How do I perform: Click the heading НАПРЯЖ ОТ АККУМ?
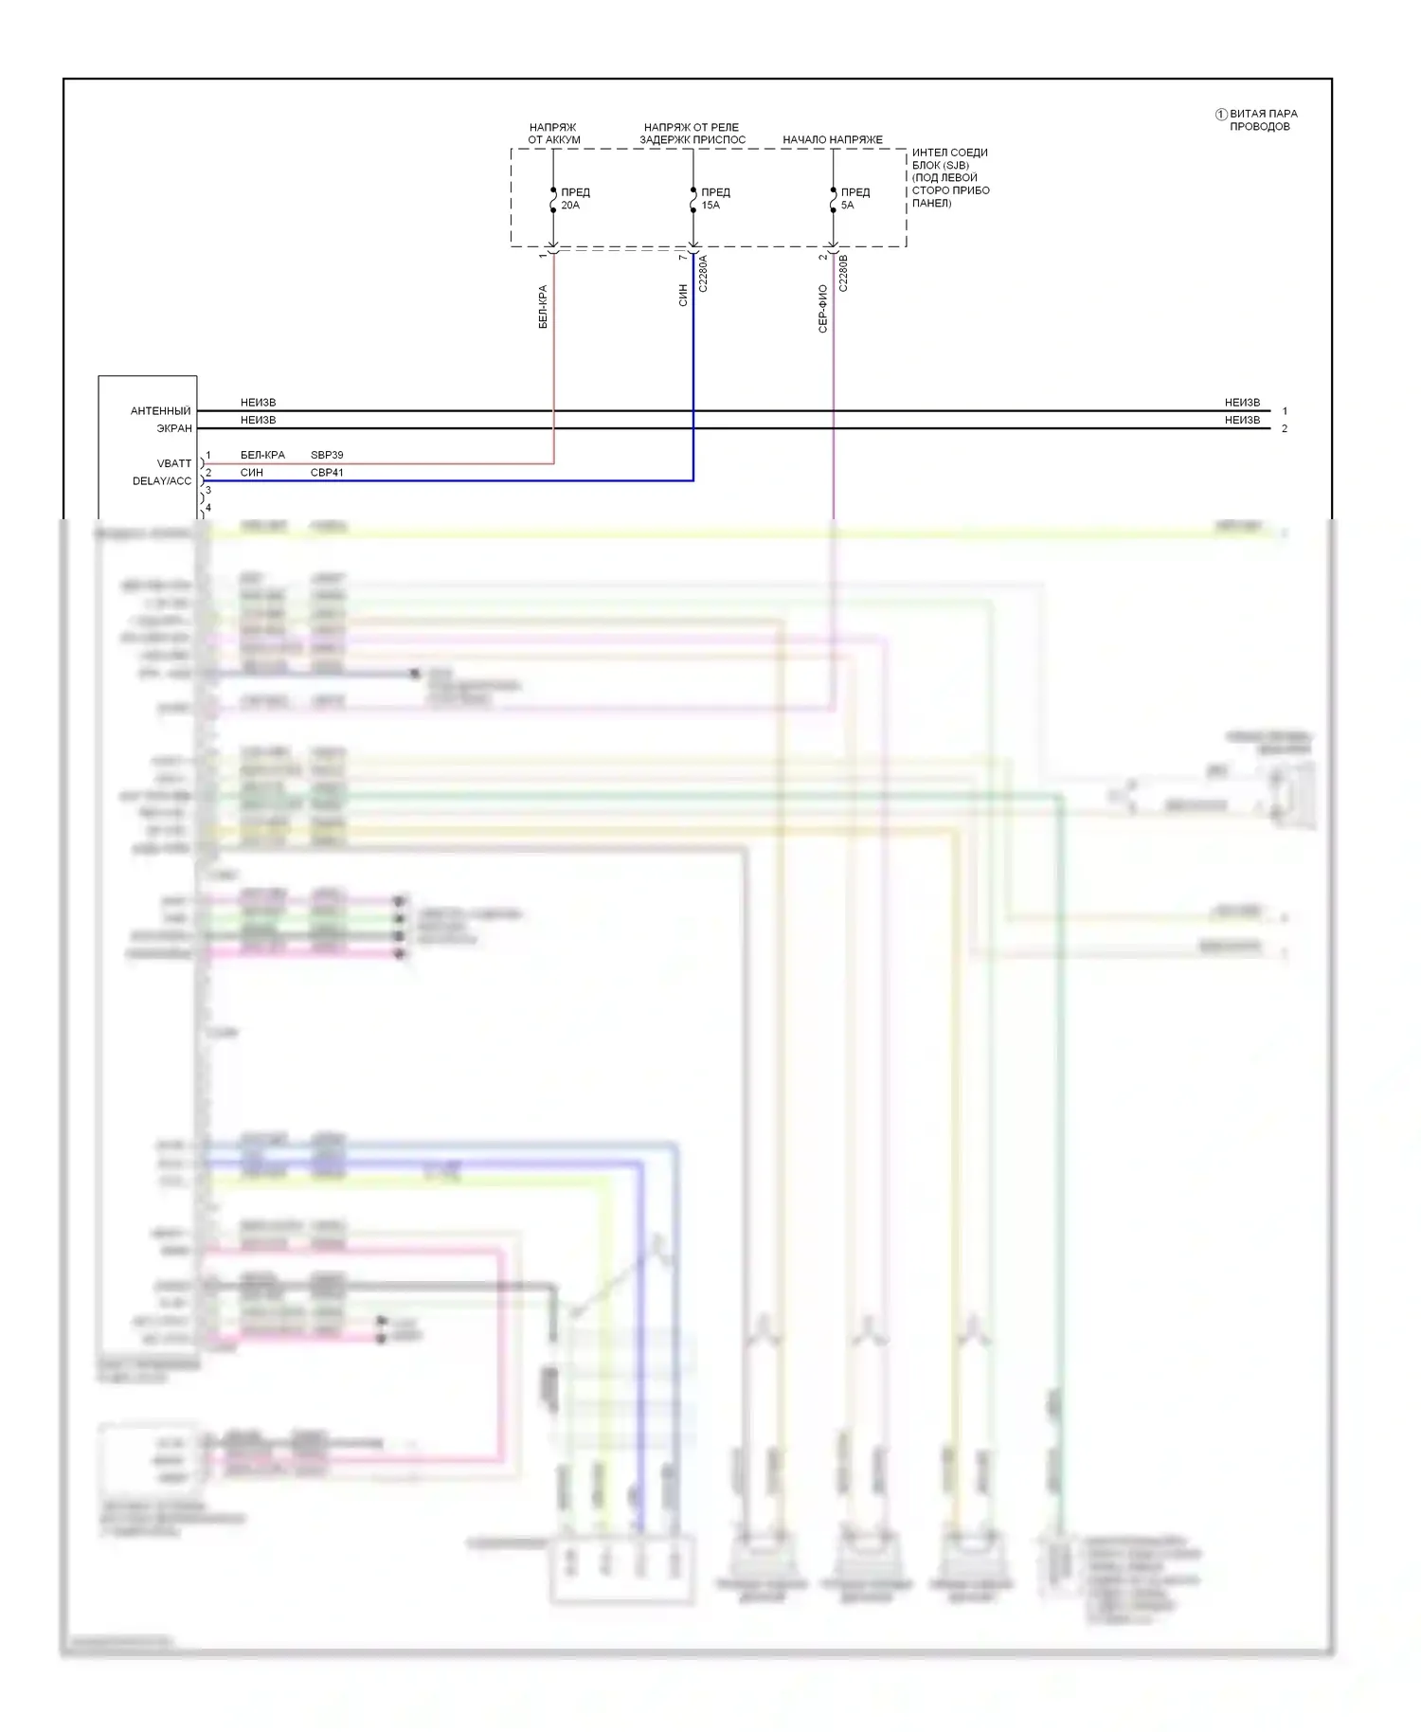pyautogui.click(x=553, y=134)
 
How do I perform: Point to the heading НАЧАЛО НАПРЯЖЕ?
pyautogui.click(x=832, y=139)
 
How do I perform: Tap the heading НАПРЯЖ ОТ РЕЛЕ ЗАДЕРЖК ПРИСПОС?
pyautogui.click(x=692, y=134)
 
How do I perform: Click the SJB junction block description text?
pyautogui.click(x=950, y=177)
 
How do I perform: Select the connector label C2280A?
pyautogui.click(x=703, y=273)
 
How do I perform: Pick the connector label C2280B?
pyautogui.click(x=843, y=273)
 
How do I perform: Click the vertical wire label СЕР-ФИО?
pyautogui.click(x=822, y=308)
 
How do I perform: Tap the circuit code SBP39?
pyautogui.click(x=327, y=455)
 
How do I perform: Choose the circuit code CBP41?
pyautogui.click(x=327, y=472)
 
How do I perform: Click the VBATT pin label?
pyautogui.click(x=174, y=463)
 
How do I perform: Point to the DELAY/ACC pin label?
pyautogui.click(x=162, y=481)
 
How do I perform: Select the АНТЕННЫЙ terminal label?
pyautogui.click(x=160, y=411)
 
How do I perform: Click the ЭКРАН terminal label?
pyautogui.click(x=174, y=428)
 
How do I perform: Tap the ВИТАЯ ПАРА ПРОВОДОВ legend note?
pyautogui.click(x=1263, y=119)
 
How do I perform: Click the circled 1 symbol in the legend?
pyautogui.click(x=1221, y=115)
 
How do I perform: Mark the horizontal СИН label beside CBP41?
pyautogui.click(x=252, y=472)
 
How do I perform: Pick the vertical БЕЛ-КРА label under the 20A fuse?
pyautogui.click(x=543, y=306)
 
